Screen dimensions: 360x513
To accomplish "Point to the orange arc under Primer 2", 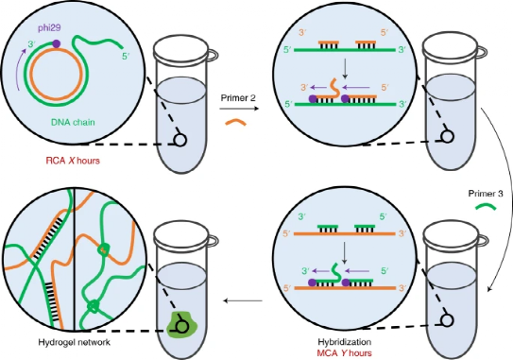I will (233, 122).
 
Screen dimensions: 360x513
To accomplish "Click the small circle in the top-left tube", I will (175, 139).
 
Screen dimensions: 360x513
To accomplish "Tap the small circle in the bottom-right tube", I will (443, 321).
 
